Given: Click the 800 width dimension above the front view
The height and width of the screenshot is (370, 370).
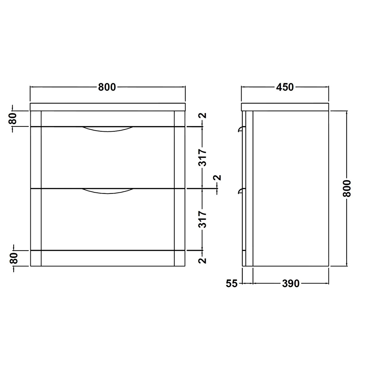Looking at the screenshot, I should coord(107,87).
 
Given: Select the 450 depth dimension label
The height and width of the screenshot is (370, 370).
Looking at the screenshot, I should coord(285,87).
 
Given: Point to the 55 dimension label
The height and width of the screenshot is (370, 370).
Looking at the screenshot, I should coord(231,284).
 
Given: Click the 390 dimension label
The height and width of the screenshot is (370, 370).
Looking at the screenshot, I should coord(290,284).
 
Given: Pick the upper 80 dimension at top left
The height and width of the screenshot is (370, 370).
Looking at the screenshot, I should coord(13,119).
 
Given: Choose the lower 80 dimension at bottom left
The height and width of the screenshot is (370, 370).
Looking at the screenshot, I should coord(13,258).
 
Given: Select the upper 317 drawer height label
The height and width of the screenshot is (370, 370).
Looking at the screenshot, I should coord(202,158).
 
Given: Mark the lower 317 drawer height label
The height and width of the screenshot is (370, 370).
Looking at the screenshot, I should coord(202,219).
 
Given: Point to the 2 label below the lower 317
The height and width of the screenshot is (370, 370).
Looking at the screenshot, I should coord(202,260).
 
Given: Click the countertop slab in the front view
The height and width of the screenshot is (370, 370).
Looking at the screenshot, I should coord(107,107).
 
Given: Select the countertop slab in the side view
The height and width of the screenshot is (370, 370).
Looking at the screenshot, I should coord(285,107).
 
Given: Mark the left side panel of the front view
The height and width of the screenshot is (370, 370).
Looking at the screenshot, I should coord(36,189).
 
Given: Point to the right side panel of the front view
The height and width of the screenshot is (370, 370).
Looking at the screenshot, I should coord(179,189).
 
